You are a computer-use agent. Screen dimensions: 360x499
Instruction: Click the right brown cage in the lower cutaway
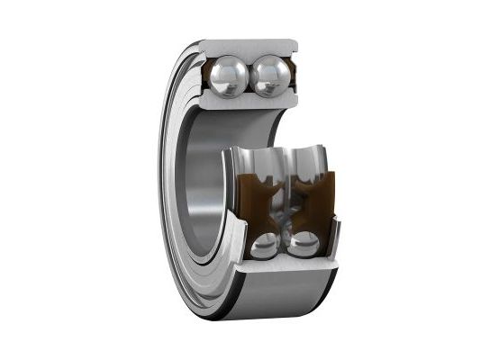pos(311,193)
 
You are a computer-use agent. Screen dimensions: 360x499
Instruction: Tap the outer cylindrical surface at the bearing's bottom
pos(270,297)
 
